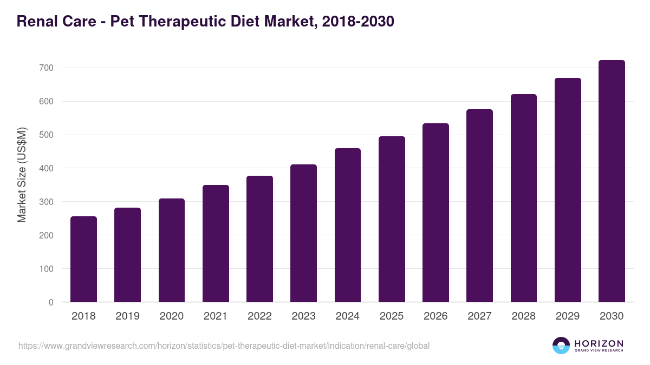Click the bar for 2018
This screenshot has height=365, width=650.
[83, 259]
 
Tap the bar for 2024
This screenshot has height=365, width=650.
[348, 225]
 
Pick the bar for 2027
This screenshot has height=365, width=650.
[479, 205]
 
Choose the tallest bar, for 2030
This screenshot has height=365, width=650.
[612, 181]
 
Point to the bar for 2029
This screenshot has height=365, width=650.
[568, 190]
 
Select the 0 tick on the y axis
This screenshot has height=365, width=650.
[51, 302]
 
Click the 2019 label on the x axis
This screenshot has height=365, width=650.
[127, 316]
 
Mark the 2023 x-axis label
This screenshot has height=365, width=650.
[303, 316]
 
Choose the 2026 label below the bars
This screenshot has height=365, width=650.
[435, 316]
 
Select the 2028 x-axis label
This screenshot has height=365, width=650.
[523, 316]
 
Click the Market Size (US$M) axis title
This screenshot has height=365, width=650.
[22, 175]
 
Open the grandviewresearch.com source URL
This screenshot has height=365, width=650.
[224, 346]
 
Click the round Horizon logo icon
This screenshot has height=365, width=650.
[561, 346]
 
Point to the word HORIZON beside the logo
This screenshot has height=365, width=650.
[599, 343]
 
